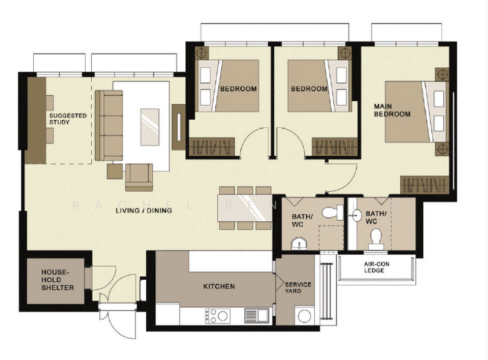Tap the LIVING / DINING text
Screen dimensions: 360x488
click(143, 211)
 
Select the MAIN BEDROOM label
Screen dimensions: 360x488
click(392, 110)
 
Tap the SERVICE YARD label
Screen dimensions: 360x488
click(298, 287)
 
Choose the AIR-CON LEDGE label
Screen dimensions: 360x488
click(374, 267)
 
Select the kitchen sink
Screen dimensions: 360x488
click(253, 315)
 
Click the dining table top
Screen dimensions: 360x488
click(245, 208)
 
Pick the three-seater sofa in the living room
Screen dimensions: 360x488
click(109, 125)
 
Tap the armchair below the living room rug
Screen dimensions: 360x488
click(138, 176)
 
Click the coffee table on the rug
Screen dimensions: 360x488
click(149, 126)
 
